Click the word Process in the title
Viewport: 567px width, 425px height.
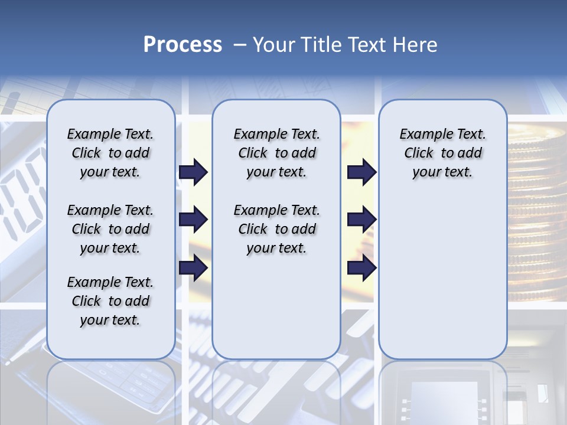coord(183,45)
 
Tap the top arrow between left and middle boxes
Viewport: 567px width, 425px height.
coord(193,172)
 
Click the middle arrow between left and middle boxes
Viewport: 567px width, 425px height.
coord(193,220)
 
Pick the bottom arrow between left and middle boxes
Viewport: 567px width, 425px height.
coord(193,268)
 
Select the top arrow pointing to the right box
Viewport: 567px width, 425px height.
coord(361,172)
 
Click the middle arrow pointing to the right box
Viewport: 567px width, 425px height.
coord(361,220)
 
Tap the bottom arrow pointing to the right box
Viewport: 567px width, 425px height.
coord(361,268)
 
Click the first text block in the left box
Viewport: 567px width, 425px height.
coord(110,153)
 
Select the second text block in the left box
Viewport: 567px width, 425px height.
coord(110,229)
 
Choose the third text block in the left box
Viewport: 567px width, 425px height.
coord(110,301)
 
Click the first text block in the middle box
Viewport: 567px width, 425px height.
coord(276,153)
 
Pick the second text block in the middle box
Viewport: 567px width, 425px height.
coord(276,229)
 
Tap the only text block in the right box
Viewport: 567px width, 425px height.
coord(442,153)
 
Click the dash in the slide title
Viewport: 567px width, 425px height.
coord(240,45)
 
